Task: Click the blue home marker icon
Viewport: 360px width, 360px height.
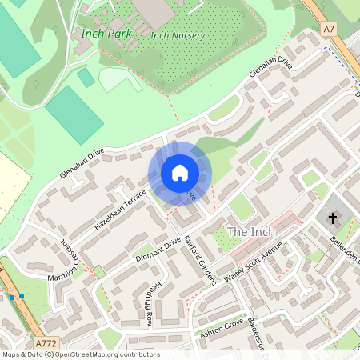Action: coord(180,173)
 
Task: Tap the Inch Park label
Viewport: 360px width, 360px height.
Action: coord(106,34)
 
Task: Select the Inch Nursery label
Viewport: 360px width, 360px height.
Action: coord(178,36)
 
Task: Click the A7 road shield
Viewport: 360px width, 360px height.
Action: coord(330,29)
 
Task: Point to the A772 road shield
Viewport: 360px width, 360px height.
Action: coord(46,342)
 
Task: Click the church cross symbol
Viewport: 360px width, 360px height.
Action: coord(332,218)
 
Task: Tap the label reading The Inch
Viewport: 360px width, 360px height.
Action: coord(251,231)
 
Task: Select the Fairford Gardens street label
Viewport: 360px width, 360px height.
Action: coord(200,261)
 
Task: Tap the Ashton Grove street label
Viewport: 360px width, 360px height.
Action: coord(220,330)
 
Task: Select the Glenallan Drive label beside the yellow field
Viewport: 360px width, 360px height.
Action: coord(82,163)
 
